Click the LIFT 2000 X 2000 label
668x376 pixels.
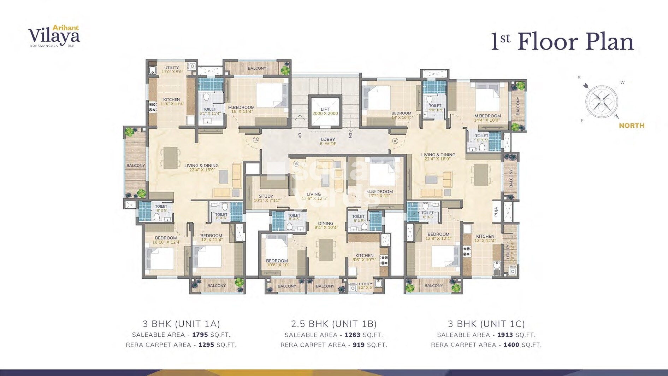click(x=325, y=111)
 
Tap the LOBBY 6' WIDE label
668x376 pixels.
click(x=328, y=141)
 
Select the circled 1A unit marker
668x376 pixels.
click(x=256, y=140)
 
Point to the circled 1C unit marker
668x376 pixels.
click(x=395, y=141)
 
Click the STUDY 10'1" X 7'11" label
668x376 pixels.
click(x=266, y=198)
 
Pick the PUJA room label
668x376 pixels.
click(x=496, y=212)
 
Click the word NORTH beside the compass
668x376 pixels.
click(x=631, y=126)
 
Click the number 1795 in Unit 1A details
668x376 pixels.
click(x=200, y=335)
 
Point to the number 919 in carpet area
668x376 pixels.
click(x=358, y=345)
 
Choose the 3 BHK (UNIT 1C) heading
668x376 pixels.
click(x=486, y=324)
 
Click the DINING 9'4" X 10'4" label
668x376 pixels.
click(x=326, y=225)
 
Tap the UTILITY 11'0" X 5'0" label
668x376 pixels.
click(x=172, y=70)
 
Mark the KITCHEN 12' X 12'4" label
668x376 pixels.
click(x=485, y=238)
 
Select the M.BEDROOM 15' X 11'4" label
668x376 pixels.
click(x=241, y=109)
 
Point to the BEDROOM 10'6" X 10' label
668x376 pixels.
click(x=277, y=262)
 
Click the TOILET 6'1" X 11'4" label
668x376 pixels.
click(x=209, y=111)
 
